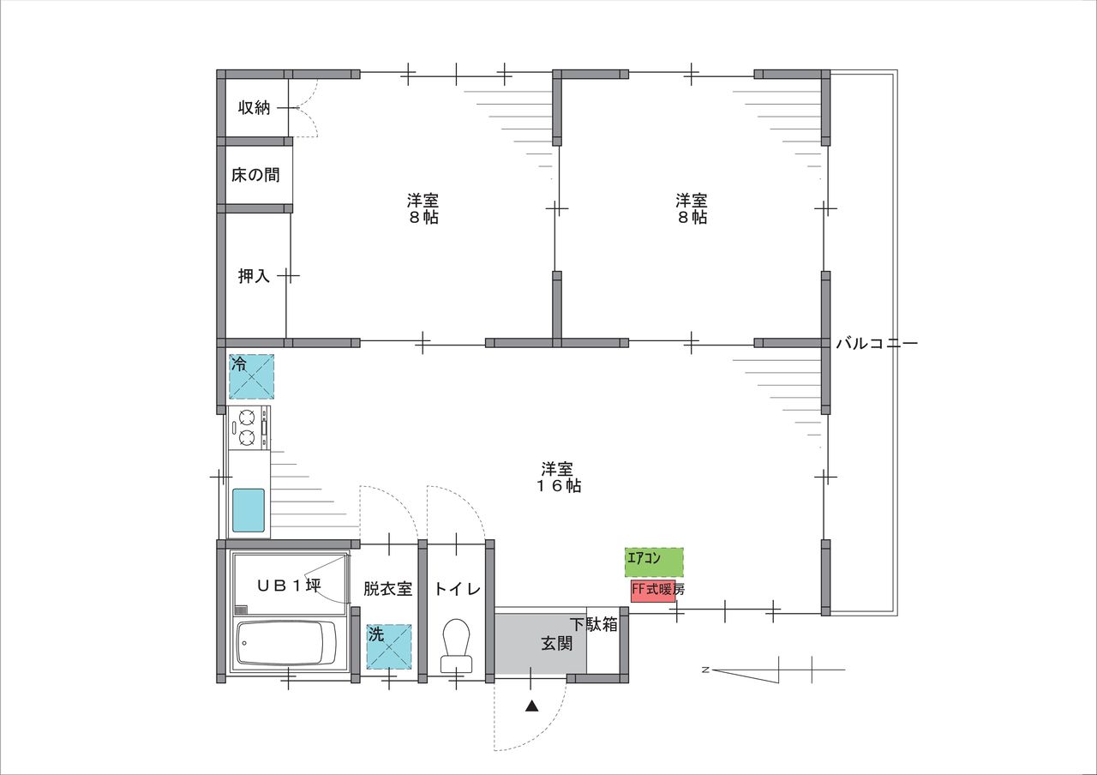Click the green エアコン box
coord(654,562)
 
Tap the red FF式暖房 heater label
coord(653,591)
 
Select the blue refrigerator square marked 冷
coord(252,376)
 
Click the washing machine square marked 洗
coord(389,646)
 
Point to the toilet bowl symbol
coord(457,646)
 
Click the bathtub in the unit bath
coord(286,643)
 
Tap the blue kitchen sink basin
coord(249,510)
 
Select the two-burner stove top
coord(249,427)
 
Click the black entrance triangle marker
coord(532,706)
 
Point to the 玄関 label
coord(557,643)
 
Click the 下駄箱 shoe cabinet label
coord(594,625)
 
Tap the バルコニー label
coord(877,344)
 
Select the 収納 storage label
coord(255,107)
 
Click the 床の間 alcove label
coord(255,175)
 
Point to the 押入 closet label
coord(255,276)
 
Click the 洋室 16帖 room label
coord(557,478)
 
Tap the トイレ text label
coord(458,589)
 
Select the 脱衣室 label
coord(388,588)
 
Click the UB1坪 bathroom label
coord(290,585)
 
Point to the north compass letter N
coord(705,670)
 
